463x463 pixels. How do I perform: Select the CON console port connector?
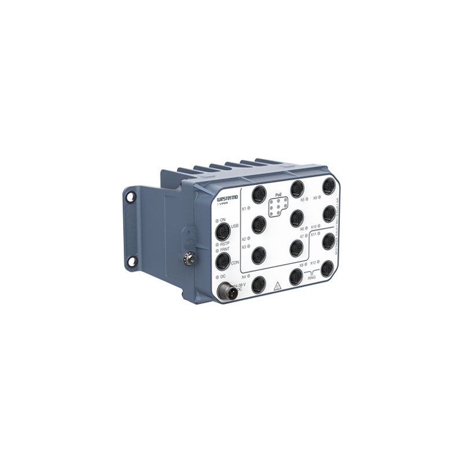point(222,263)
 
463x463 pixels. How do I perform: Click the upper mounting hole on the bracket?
point(132,197)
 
